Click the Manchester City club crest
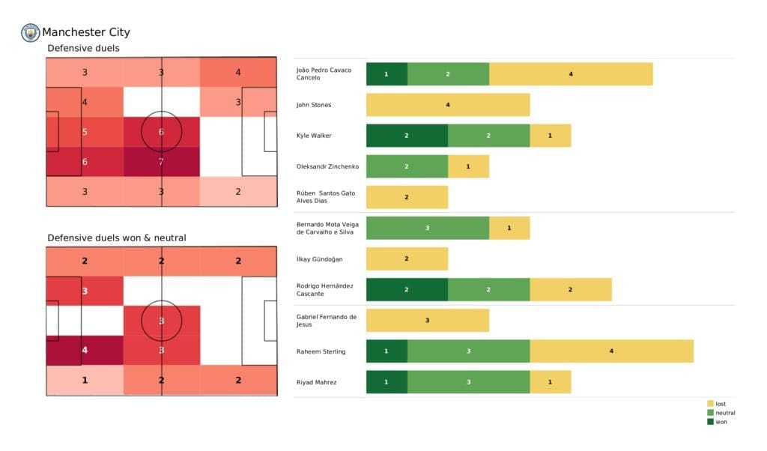[x=31, y=32]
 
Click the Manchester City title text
[x=86, y=32]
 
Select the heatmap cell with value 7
[x=161, y=162]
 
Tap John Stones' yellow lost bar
[x=448, y=105]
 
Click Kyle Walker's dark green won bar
[x=407, y=136]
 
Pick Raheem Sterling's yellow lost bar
[x=611, y=351]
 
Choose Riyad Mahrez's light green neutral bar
[x=468, y=382]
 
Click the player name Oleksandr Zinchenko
[x=328, y=166]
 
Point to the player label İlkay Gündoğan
[x=321, y=258]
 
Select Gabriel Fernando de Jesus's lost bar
[x=427, y=321]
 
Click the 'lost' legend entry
[x=720, y=404]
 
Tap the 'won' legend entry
[x=720, y=421]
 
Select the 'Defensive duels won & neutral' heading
[x=117, y=237]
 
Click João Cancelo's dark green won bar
[x=386, y=74]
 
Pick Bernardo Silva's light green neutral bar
[x=427, y=228]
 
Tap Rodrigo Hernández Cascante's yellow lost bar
[x=571, y=290]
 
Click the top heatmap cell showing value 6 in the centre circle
[x=161, y=132]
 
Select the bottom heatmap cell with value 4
[x=85, y=350]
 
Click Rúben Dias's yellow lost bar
[x=407, y=197]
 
